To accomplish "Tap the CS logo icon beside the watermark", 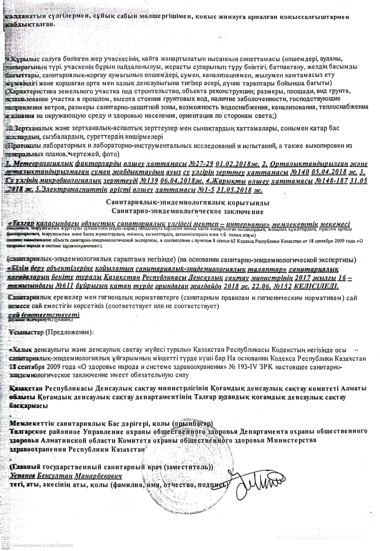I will coord(6,545).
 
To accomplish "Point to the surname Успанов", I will coord(23,476).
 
